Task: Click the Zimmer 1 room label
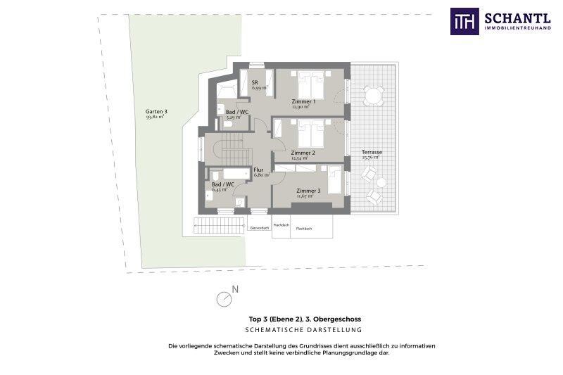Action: [303, 101]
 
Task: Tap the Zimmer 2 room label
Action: [302, 153]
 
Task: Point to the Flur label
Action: [258, 170]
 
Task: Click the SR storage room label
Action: [255, 82]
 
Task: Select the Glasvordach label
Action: [259, 228]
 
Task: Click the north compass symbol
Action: [224, 298]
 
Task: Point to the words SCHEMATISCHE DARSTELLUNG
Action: [303, 330]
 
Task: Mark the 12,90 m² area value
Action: [301, 107]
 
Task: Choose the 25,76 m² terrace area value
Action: [371, 158]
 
